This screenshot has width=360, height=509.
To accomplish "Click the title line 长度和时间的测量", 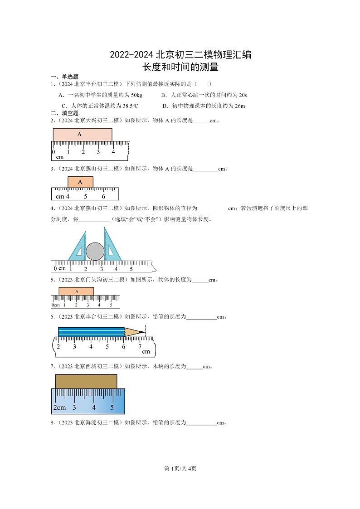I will tap(180, 68).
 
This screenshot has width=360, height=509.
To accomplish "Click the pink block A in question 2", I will tap(82, 135).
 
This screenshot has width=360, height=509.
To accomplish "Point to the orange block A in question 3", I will tap(80, 182).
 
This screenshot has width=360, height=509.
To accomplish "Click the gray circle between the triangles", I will tap(95, 251).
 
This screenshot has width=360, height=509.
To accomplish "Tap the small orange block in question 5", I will tap(76, 291).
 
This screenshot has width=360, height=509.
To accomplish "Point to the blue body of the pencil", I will tap(91, 332).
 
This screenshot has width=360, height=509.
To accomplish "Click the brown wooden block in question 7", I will tap(86, 381).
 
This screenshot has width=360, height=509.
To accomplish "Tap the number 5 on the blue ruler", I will tap(112, 407).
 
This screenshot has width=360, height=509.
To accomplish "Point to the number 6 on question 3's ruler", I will tap(103, 196).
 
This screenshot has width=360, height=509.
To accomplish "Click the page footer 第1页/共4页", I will tap(180, 468).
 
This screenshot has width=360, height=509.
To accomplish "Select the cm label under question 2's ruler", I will tap(60, 157).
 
